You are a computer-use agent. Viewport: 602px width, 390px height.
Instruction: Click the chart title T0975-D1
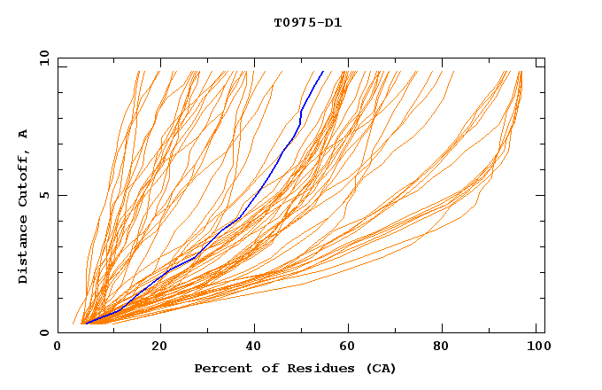pyautogui.click(x=307, y=23)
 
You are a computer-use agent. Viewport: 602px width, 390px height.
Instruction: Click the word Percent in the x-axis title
pyautogui.click(x=220, y=368)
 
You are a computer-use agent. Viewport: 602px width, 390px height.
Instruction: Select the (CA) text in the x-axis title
pyautogui.click(x=378, y=368)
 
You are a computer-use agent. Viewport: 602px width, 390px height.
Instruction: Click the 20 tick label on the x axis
pyautogui.click(x=159, y=347)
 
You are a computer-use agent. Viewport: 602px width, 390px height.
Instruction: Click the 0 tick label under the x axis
pyautogui.click(x=58, y=347)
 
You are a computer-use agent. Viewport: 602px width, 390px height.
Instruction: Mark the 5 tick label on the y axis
pyautogui.click(x=42, y=195)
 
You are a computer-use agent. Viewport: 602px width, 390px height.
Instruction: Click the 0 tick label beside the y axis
pyautogui.click(x=42, y=333)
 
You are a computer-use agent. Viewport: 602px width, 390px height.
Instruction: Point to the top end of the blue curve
pyautogui.click(x=323, y=71)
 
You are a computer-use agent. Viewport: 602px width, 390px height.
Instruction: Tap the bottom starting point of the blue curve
pyautogui.click(x=86, y=324)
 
